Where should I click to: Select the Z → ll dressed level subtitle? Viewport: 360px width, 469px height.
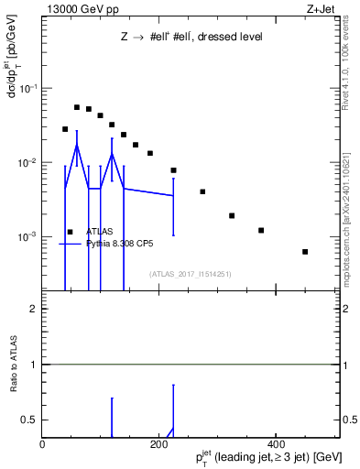pyautogui.click(x=191, y=38)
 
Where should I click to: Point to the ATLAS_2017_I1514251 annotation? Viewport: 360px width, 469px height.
pyautogui.click(x=191, y=273)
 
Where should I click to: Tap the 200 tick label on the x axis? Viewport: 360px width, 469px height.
pyautogui.click(x=159, y=444)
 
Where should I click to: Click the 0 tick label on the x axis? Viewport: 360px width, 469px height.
pyautogui.click(x=42, y=444)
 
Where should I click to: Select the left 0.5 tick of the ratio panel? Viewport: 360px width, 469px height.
pyautogui.click(x=31, y=420)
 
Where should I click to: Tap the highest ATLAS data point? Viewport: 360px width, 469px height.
pyautogui.click(x=77, y=107)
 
